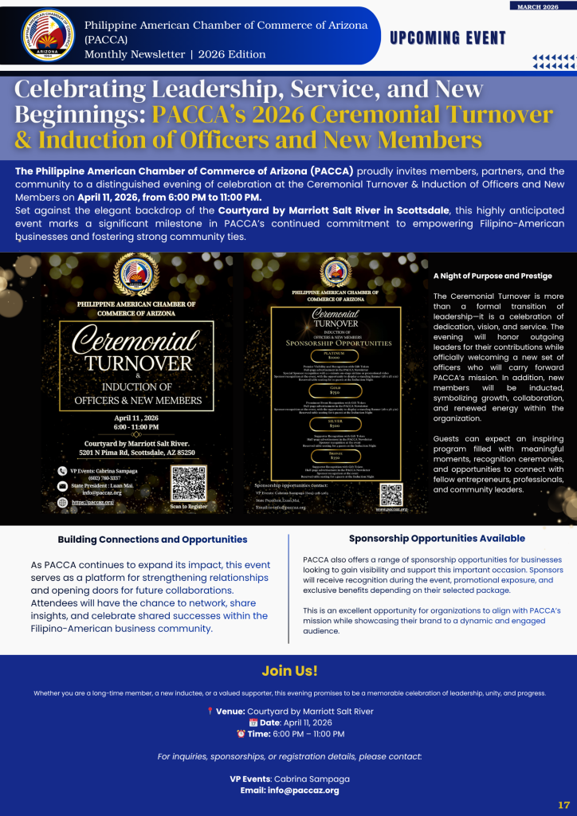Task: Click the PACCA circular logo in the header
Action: [49, 35]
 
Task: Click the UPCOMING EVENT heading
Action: [448, 38]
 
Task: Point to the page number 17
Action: [563, 804]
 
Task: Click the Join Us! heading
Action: [289, 671]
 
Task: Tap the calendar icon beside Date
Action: [231, 722]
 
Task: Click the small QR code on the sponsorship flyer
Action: [391, 494]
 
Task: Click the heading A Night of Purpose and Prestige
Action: [493, 276]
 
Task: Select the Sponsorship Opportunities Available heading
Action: [437, 539]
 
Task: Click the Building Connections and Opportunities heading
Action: [153, 539]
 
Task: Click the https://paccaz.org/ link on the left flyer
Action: [93, 502]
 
